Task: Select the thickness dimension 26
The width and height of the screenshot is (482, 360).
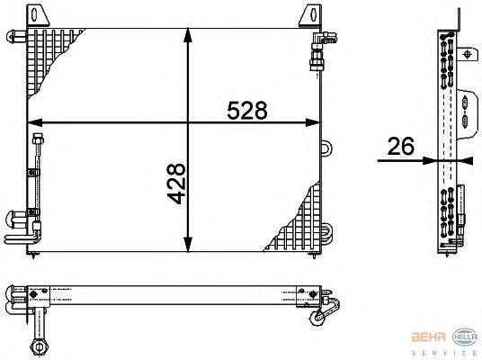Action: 401,147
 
